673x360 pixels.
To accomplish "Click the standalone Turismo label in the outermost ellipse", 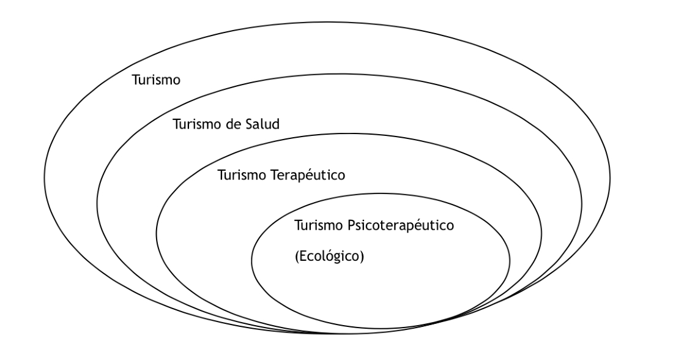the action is pyautogui.click(x=156, y=80).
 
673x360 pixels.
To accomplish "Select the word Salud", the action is pyautogui.click(x=262, y=124).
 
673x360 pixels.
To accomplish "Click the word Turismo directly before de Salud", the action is pyautogui.click(x=197, y=124).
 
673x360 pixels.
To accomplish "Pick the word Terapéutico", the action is pyautogui.click(x=308, y=175).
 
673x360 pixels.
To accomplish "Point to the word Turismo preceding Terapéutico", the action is pyautogui.click(x=242, y=175).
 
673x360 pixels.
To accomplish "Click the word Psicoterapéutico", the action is pyautogui.click(x=401, y=225).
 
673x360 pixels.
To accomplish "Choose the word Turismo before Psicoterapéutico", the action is pyautogui.click(x=319, y=225).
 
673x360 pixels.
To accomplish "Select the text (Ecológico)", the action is pyautogui.click(x=329, y=257).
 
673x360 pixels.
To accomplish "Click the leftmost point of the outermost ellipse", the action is pyautogui.click(x=45, y=178).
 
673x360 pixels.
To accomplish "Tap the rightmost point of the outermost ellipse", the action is pyautogui.click(x=610, y=178).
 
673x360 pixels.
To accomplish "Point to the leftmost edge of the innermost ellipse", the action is pyautogui.click(x=251, y=261).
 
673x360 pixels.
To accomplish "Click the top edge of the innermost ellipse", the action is pyautogui.click(x=381, y=193).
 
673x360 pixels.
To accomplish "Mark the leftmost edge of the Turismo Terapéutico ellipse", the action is pyautogui.click(x=156, y=234).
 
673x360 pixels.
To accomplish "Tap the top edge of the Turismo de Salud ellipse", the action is pyautogui.click(x=339, y=74).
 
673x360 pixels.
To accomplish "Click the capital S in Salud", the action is pyautogui.click(x=249, y=124).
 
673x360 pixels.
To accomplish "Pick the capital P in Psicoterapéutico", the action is pyautogui.click(x=351, y=225).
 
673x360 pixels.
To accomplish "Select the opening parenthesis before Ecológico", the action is pyautogui.click(x=297, y=257).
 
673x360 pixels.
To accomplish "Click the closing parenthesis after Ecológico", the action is pyautogui.click(x=362, y=257).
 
